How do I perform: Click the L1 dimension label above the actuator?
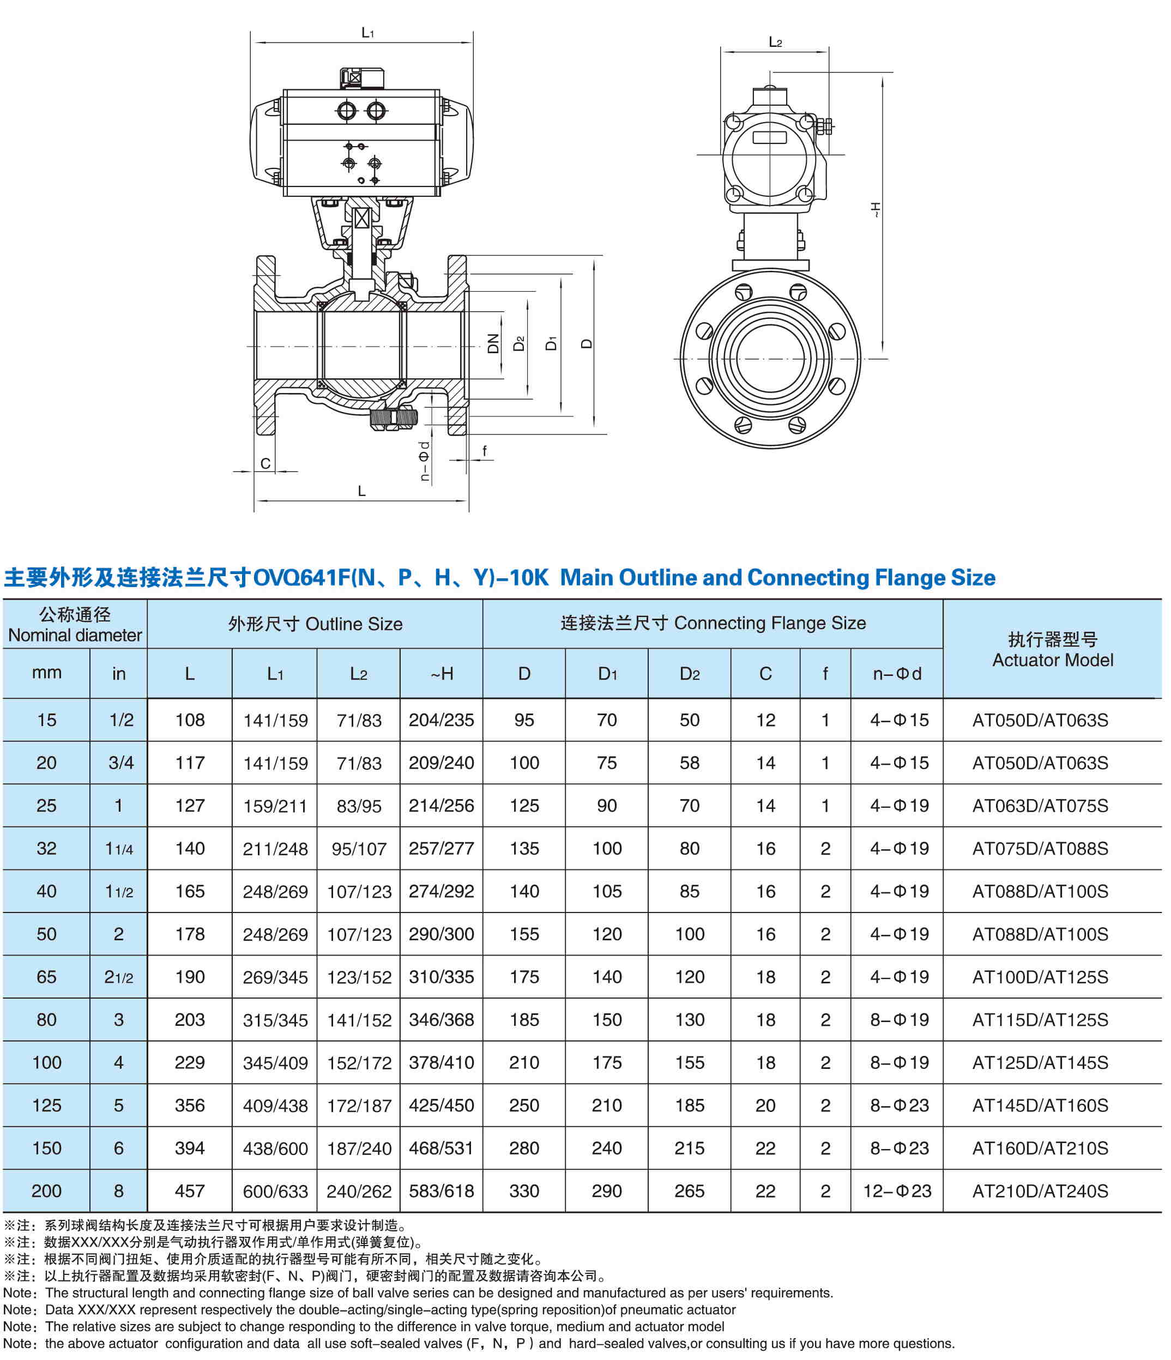(367, 32)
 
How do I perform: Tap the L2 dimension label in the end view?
(775, 43)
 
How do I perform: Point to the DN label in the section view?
(493, 343)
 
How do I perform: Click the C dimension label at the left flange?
(265, 463)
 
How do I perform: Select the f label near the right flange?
(485, 450)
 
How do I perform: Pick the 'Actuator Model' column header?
(1052, 660)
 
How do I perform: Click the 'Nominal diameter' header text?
(75, 636)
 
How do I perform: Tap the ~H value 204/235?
(441, 720)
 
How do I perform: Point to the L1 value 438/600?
(275, 1149)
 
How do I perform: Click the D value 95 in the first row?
(524, 720)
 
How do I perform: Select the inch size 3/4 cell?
(121, 763)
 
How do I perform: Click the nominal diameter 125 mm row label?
(46, 1105)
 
